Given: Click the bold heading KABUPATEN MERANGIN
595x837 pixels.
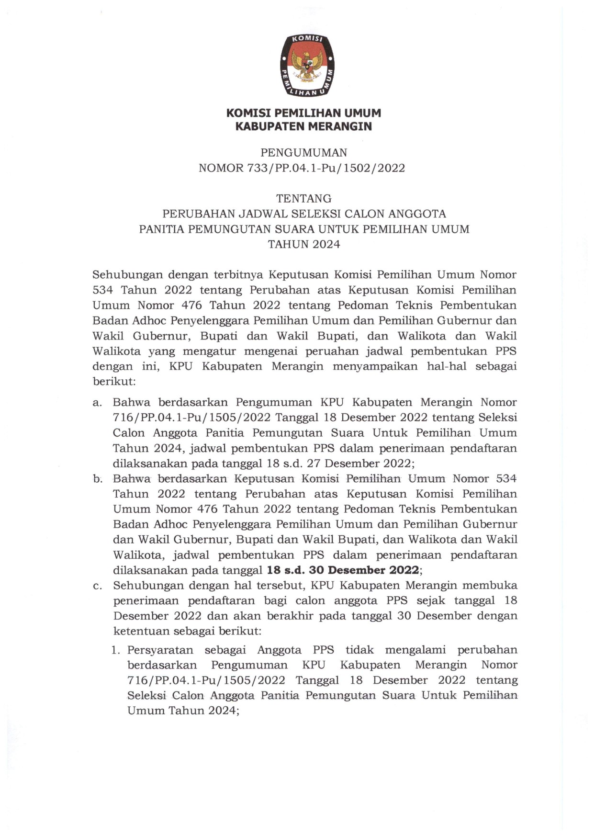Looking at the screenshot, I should [303, 126].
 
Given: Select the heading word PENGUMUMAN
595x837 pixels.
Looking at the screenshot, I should [303, 153].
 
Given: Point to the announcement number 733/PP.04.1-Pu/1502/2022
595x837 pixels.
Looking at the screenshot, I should [326, 168].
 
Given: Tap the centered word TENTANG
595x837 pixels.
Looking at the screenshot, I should [303, 198].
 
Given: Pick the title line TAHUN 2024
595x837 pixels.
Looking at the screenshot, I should [303, 244].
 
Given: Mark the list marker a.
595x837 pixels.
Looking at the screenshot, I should [97, 403].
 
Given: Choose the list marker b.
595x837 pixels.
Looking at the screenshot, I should [98, 479].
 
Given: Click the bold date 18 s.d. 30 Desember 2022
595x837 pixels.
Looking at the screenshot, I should [343, 570].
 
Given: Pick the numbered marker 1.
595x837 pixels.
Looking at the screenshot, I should [115, 650].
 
